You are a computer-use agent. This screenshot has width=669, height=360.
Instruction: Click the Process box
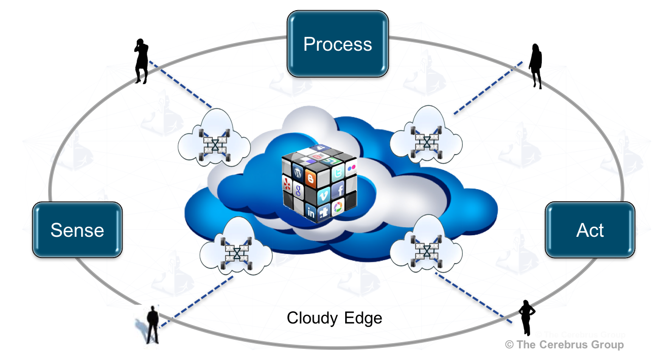(338, 44)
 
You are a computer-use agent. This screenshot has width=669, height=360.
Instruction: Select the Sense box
(77, 230)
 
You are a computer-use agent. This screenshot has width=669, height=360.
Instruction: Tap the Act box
(590, 230)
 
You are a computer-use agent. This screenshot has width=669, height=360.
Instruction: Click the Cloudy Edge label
(334, 318)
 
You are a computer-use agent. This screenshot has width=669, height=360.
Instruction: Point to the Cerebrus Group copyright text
(564, 345)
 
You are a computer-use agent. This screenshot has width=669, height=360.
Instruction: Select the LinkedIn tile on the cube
(311, 213)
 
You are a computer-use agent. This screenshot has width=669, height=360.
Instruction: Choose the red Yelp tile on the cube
(287, 185)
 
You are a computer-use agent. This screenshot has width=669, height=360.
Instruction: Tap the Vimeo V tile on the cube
(324, 194)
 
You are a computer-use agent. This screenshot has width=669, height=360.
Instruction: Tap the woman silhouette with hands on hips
(526, 317)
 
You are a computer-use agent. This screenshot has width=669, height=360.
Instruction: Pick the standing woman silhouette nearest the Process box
(535, 66)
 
